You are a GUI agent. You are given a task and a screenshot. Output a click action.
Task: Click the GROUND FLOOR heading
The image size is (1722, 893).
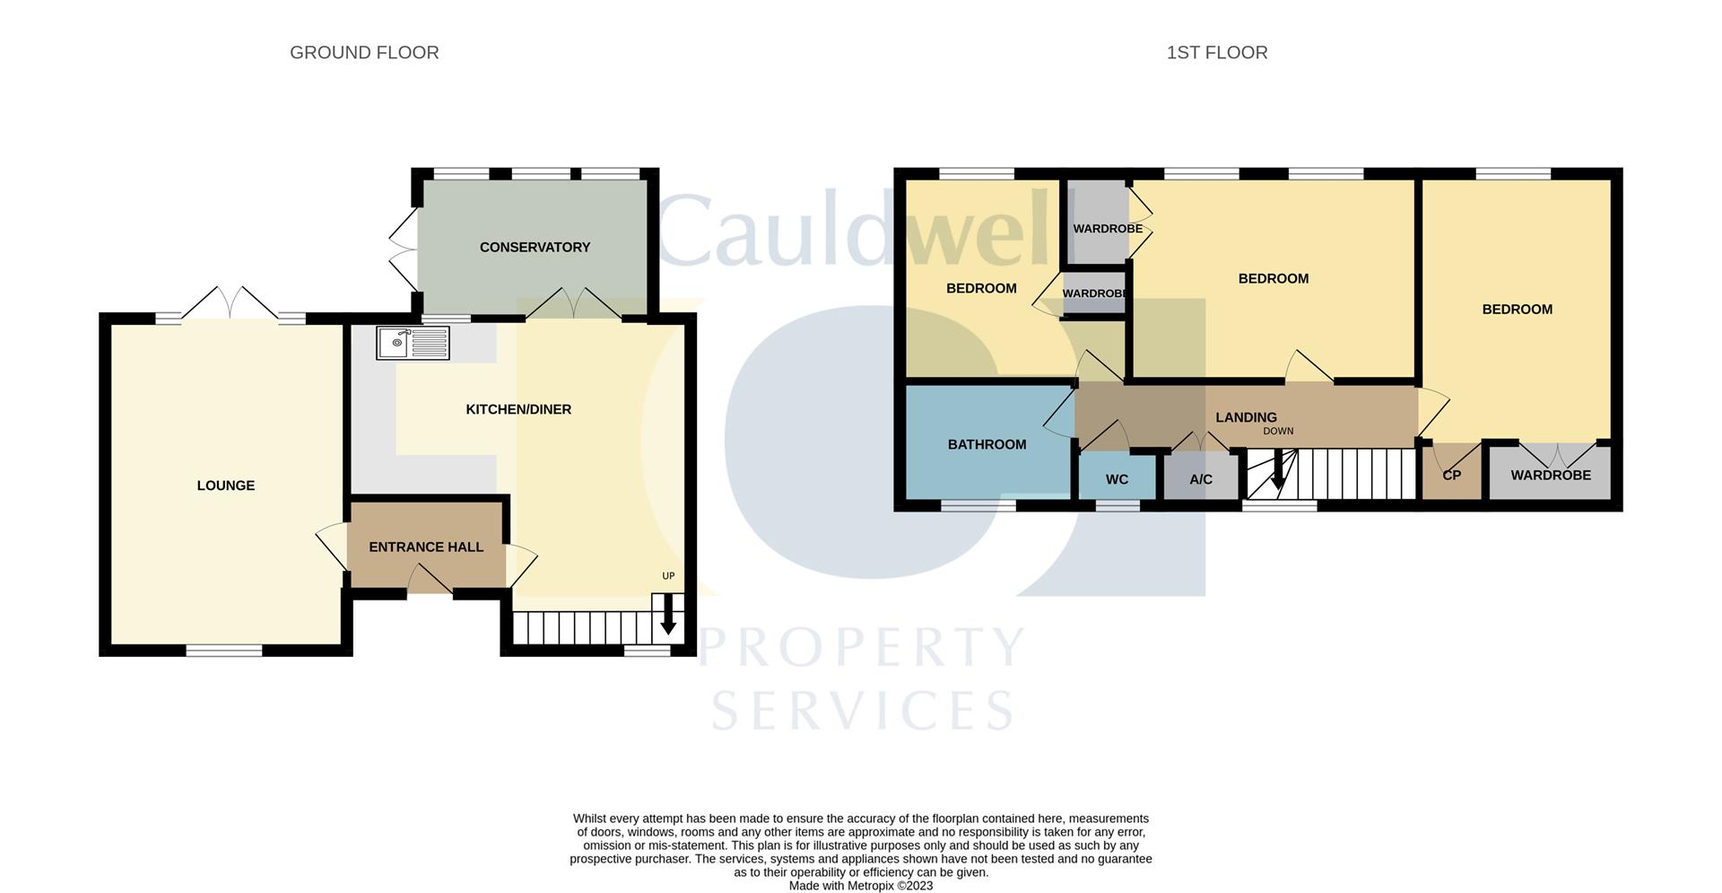[364, 53]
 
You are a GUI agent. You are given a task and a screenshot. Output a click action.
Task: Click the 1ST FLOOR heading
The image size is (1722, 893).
[1216, 53]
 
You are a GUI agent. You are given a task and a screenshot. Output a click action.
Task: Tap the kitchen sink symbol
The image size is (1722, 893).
[413, 343]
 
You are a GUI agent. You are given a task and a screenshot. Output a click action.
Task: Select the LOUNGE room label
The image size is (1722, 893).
[226, 486]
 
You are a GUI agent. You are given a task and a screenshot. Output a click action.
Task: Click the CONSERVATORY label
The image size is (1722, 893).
[535, 247]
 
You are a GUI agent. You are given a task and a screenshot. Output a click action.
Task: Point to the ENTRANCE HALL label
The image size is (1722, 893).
[426, 547]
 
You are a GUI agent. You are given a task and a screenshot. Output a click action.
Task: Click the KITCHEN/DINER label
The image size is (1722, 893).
[518, 409]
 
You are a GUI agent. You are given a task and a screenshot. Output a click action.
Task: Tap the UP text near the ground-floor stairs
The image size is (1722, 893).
[668, 576]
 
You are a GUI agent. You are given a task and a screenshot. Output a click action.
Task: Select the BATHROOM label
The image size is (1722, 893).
[987, 444]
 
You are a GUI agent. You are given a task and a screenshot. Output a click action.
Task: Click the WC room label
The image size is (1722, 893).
[1117, 479]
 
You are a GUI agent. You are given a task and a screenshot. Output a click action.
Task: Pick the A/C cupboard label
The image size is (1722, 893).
[1201, 479]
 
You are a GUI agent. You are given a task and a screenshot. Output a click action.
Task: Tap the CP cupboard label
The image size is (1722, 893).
[1451, 475]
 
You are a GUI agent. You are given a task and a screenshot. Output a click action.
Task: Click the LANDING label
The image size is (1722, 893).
[1246, 417]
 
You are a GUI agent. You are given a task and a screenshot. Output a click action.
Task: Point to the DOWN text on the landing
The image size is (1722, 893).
[1278, 431]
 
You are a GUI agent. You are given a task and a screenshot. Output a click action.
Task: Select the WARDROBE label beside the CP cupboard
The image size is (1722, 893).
[1551, 475]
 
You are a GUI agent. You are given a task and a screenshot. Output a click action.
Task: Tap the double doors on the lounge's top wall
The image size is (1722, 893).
[231, 303]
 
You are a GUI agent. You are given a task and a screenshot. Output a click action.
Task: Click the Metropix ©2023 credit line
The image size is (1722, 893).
[860, 886]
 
